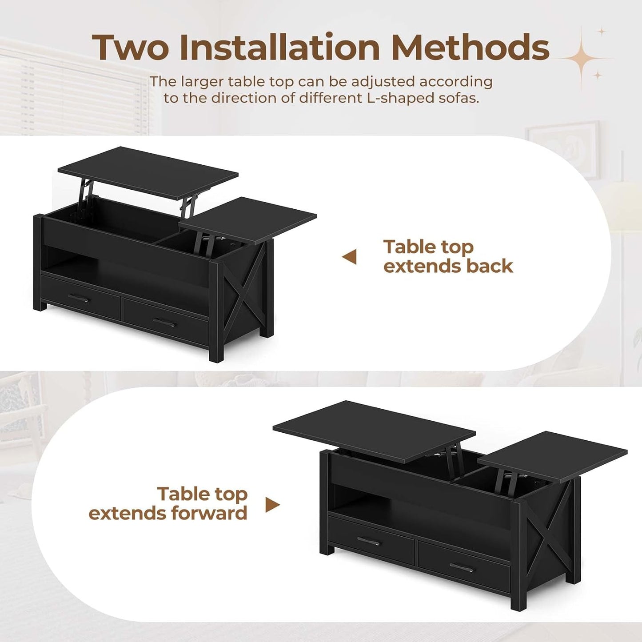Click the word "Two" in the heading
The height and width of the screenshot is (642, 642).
point(130,48)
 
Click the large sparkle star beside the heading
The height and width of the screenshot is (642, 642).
point(582,58)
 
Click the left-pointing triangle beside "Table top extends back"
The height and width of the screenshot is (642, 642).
point(350,256)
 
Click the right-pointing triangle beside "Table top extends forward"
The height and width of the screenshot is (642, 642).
point(272,504)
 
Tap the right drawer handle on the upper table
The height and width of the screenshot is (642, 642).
point(164,322)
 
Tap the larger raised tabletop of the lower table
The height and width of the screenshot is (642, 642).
point(374,427)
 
